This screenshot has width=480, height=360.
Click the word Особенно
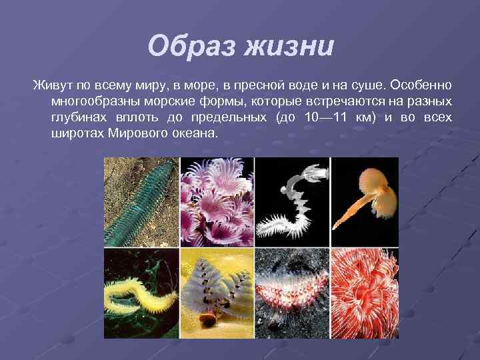[422, 86]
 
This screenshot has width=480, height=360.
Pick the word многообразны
[93, 102]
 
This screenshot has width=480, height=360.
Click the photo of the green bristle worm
[141, 202]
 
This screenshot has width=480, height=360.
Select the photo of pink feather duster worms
[217, 202]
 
